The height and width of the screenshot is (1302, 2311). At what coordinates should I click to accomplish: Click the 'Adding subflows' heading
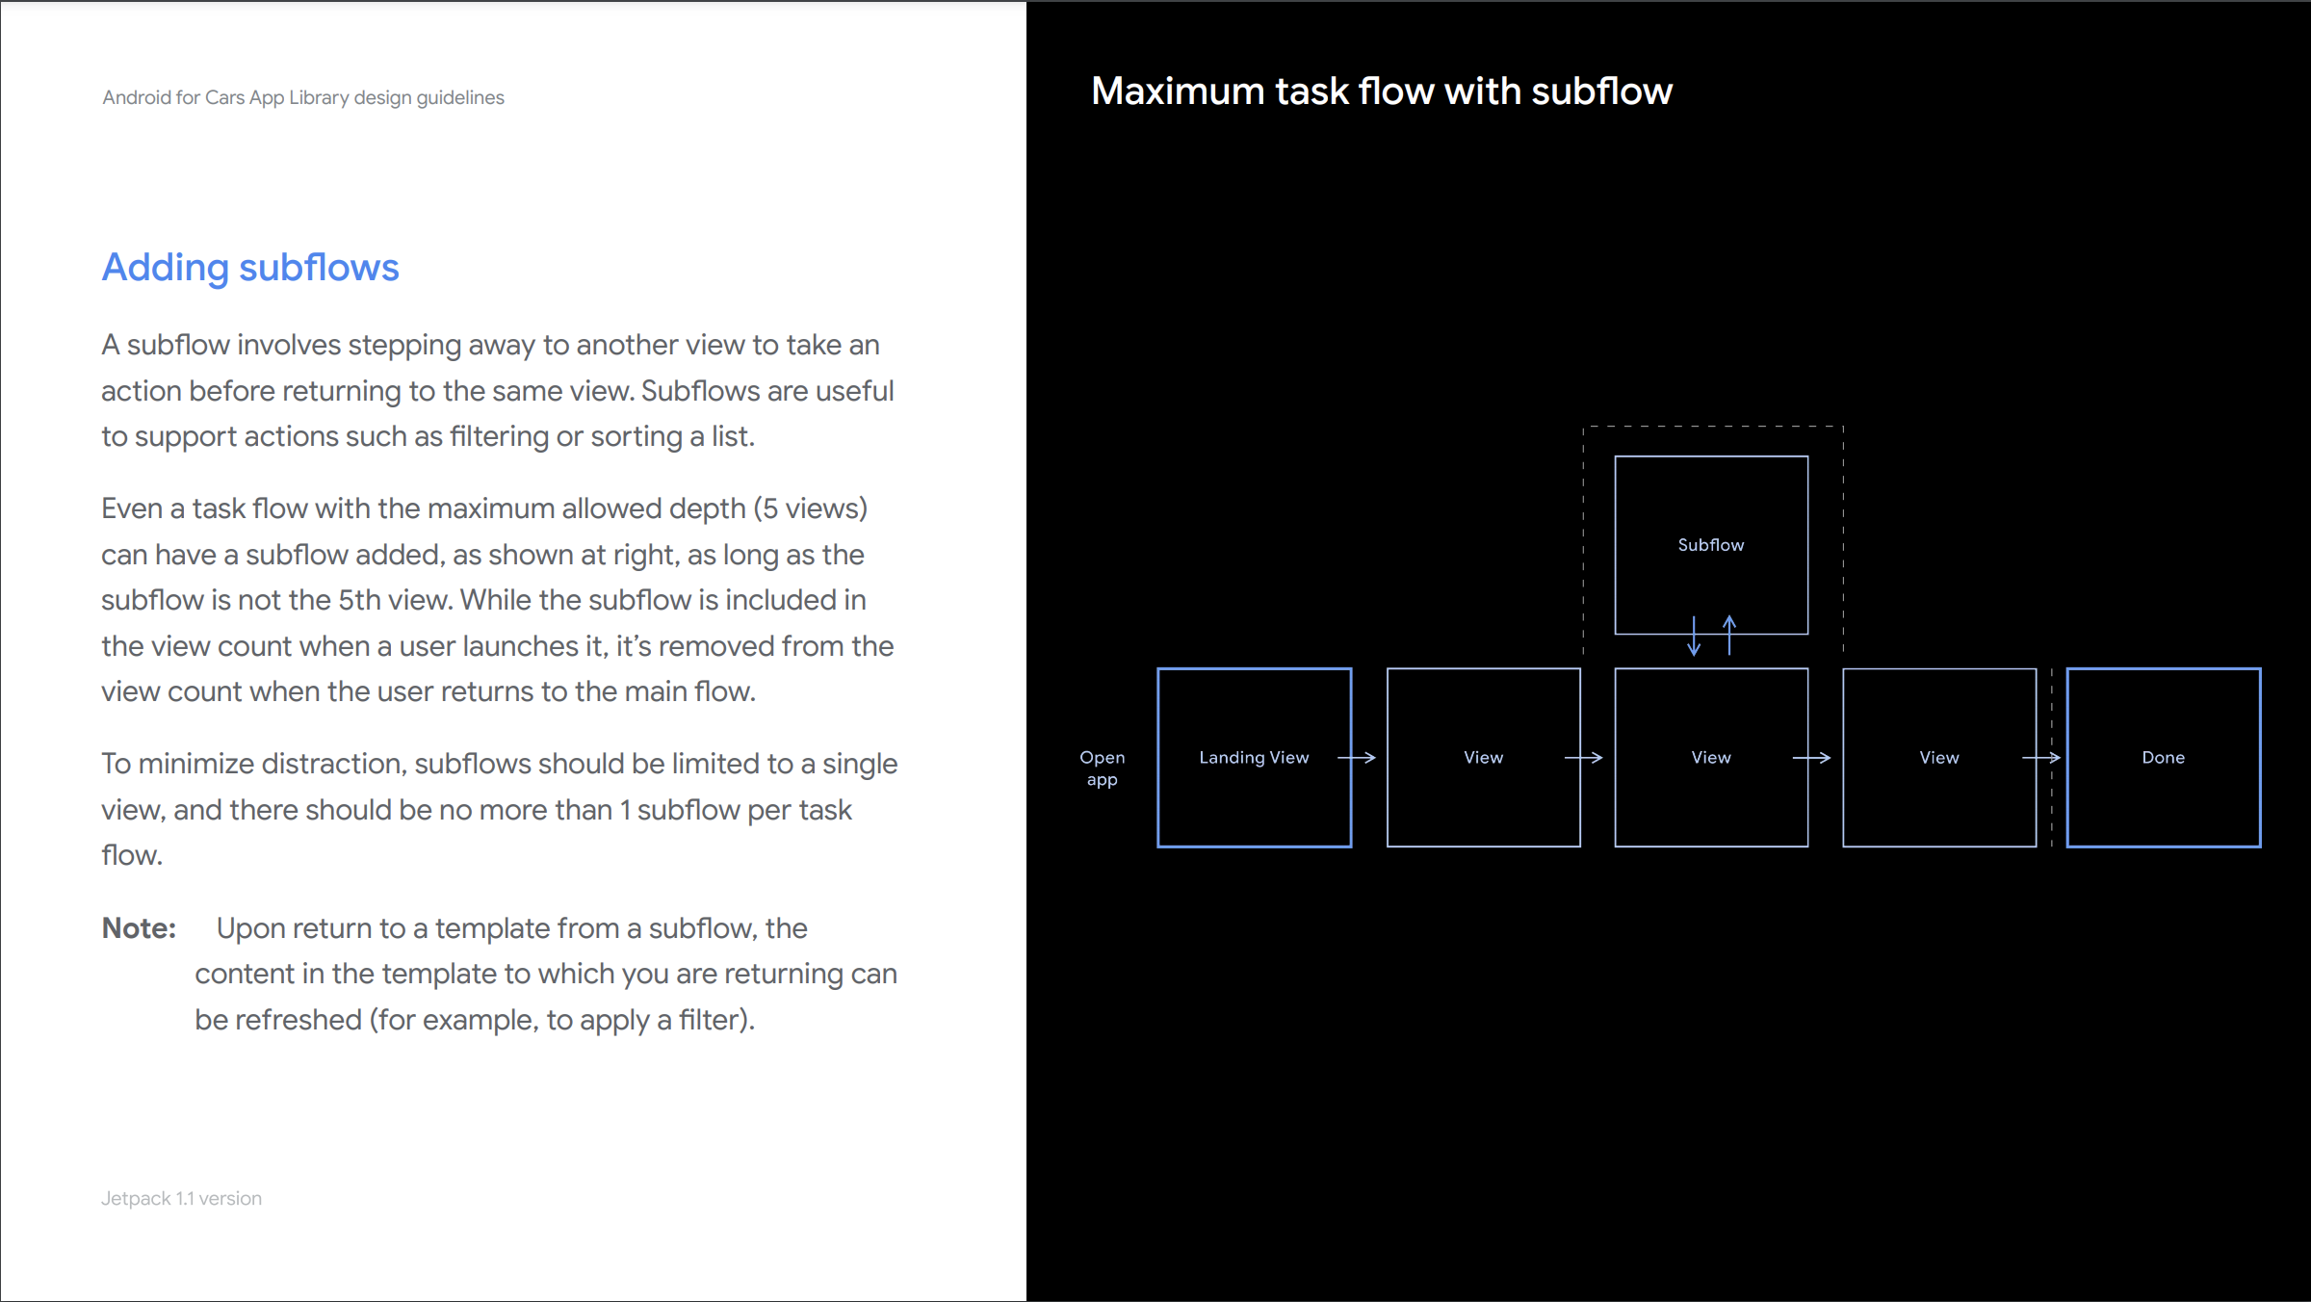point(250,268)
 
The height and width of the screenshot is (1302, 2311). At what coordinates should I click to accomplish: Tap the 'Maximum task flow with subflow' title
point(1382,91)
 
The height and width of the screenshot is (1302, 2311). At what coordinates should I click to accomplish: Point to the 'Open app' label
point(1103,768)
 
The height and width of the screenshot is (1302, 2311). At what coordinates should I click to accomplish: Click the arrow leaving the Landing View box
point(1357,758)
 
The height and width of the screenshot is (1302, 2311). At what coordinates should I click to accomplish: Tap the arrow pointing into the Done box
point(2041,758)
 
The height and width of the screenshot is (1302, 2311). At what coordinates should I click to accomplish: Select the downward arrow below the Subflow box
point(1694,637)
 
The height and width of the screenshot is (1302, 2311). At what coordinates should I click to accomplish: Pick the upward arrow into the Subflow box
point(1729,636)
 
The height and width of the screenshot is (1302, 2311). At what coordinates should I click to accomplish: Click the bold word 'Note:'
point(140,928)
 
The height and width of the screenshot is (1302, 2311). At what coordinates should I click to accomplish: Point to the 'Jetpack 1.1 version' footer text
point(181,1199)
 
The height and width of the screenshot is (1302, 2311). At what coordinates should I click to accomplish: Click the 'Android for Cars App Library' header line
point(303,98)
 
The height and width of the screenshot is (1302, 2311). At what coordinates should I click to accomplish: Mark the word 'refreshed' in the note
point(299,1020)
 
